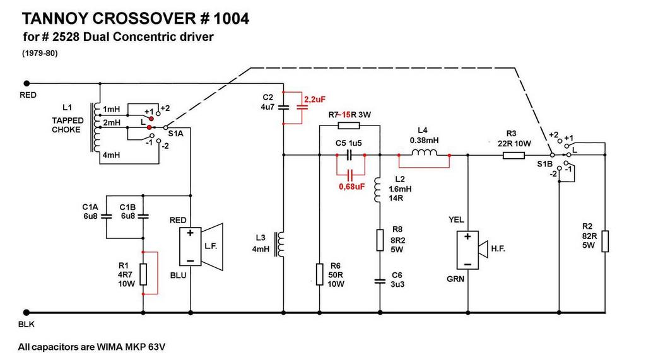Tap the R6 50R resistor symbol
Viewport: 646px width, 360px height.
pyautogui.click(x=319, y=273)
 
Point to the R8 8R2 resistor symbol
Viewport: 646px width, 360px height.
pyautogui.click(x=380, y=240)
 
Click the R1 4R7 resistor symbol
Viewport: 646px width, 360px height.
pyautogui.click(x=143, y=275)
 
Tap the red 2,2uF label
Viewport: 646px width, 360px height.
pyautogui.click(x=315, y=100)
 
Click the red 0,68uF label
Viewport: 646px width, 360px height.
pyautogui.click(x=351, y=186)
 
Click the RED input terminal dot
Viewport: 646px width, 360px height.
pyautogui.click(x=27, y=83)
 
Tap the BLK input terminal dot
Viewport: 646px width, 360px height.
pyautogui.click(x=27, y=312)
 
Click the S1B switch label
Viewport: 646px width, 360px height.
pyautogui.click(x=544, y=164)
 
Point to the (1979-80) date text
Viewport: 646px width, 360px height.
pyautogui.click(x=39, y=54)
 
